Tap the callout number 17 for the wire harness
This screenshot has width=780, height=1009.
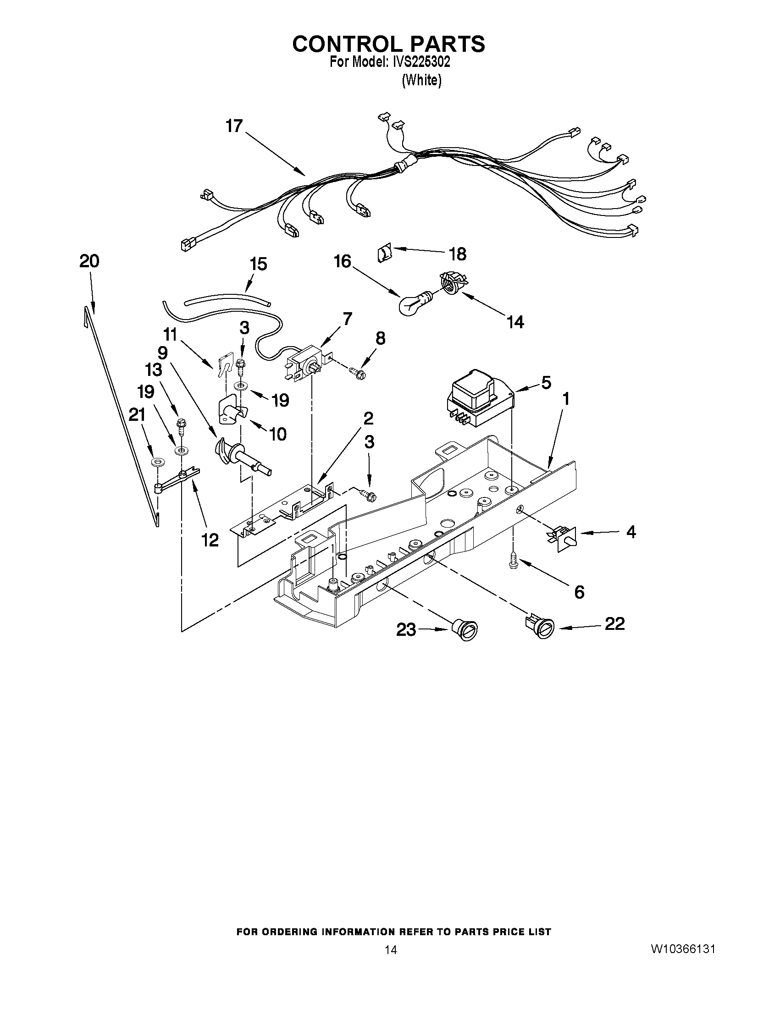click(234, 126)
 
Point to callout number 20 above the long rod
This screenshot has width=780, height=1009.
click(89, 261)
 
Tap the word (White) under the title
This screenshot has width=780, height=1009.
click(421, 81)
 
